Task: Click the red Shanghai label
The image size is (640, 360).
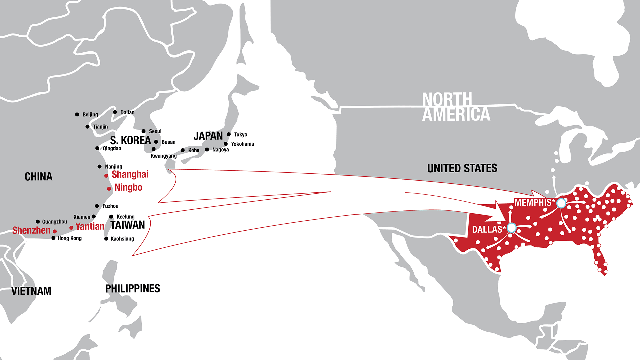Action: (130, 174)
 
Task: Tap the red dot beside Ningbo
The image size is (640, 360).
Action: (109, 189)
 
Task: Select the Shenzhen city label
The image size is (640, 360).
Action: (31, 230)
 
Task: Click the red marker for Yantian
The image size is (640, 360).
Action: (71, 228)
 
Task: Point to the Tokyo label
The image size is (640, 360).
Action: (240, 135)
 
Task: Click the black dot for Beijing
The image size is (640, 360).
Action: (77, 114)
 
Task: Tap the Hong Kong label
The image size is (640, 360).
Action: (69, 238)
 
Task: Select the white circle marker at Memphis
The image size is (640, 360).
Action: (561, 203)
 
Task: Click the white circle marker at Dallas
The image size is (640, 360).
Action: (511, 228)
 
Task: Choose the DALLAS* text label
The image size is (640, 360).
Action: (489, 229)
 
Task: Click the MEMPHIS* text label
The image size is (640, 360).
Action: (534, 202)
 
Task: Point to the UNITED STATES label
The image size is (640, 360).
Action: (462, 168)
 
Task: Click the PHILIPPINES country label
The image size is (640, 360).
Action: (133, 289)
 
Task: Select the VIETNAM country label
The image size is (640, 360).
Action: (31, 291)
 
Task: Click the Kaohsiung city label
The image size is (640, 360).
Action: (122, 239)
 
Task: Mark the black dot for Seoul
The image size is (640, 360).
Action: (144, 131)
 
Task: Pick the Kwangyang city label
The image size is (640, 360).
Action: (164, 156)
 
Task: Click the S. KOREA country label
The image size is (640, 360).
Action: (130, 140)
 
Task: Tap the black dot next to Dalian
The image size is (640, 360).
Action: (115, 112)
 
